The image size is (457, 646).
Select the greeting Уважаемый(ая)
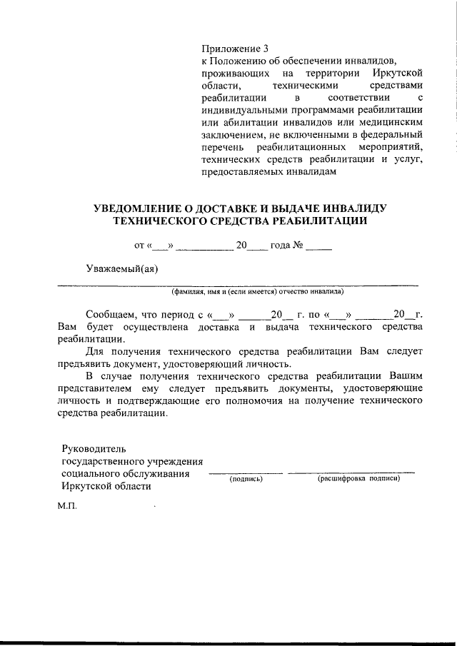122,268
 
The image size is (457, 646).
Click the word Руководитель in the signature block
94,449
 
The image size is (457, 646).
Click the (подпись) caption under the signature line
246,478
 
